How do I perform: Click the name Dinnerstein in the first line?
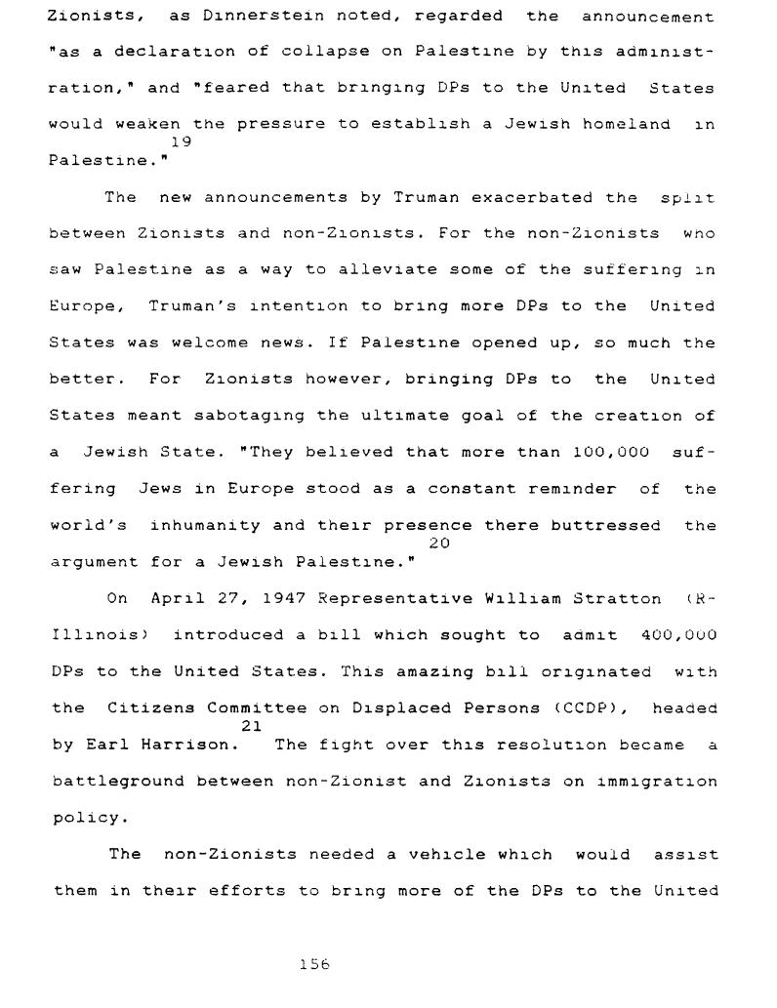(249, 17)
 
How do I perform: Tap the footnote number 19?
(181, 141)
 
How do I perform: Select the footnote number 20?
(439, 543)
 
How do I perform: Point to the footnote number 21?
(251, 725)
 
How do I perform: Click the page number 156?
(315, 964)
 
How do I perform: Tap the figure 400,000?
(679, 635)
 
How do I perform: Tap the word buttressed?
(605, 526)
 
